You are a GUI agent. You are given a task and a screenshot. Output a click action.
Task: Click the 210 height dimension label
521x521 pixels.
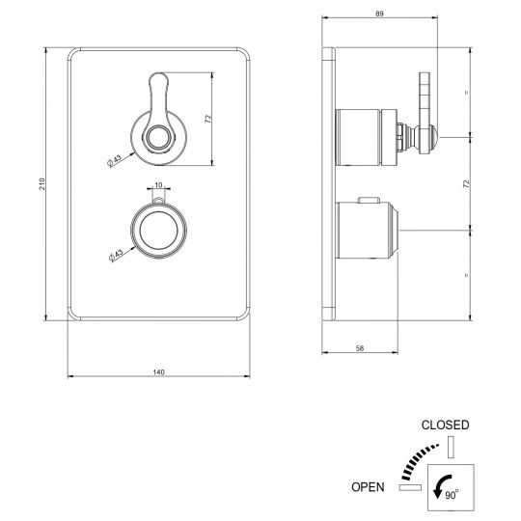click(x=41, y=184)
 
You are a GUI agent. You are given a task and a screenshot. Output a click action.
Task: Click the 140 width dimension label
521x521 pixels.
click(x=159, y=372)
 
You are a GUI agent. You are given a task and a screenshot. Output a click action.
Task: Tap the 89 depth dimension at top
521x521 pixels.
click(x=379, y=14)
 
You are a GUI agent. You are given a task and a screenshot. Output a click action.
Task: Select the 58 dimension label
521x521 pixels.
click(x=360, y=348)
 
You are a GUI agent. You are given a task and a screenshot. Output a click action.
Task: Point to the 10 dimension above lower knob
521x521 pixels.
click(x=158, y=185)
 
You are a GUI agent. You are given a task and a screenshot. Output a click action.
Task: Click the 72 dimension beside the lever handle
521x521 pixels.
click(x=207, y=119)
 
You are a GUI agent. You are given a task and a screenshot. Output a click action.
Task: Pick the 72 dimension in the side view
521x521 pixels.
click(x=466, y=183)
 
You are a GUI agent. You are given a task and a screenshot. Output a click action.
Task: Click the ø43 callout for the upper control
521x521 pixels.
click(x=115, y=161)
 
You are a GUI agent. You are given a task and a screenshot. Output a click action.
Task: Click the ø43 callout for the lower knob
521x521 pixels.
click(x=116, y=255)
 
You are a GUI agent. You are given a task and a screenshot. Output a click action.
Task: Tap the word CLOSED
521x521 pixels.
click(x=445, y=425)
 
